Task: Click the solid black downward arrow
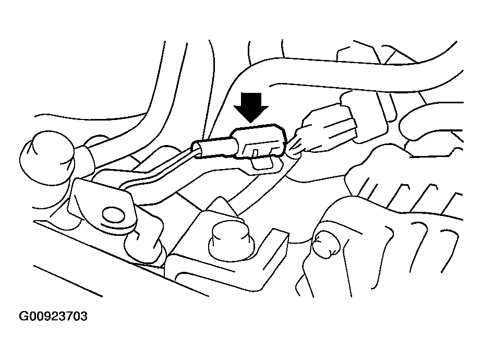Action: pos(251,107)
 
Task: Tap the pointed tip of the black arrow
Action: pos(251,123)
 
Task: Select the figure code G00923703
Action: pos(53,316)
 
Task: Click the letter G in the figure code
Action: pos(23,316)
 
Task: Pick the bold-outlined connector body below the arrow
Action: pos(259,142)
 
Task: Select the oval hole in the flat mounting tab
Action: pos(114,215)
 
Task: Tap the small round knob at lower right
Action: pos(325,244)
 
